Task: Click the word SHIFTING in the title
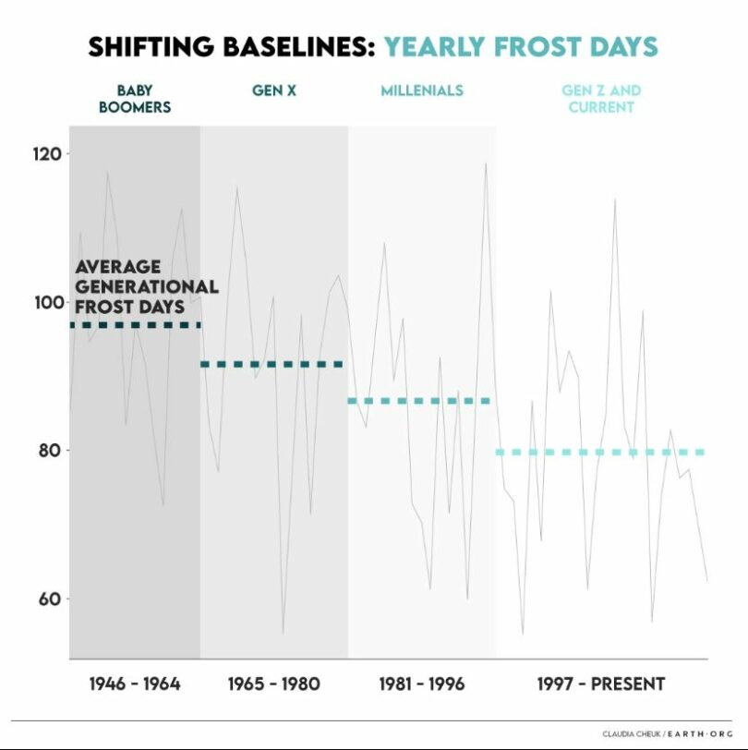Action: tap(156, 47)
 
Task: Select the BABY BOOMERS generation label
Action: tap(135, 99)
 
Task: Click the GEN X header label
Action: tap(274, 91)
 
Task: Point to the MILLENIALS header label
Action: tap(422, 91)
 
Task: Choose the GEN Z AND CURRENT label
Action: tap(601, 99)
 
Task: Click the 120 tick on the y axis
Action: tap(48, 154)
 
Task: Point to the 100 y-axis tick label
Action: tap(48, 303)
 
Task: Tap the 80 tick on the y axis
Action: tap(50, 451)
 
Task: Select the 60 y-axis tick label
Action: tap(50, 599)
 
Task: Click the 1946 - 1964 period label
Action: tap(135, 684)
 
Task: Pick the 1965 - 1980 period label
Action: tap(274, 684)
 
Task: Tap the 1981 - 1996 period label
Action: tap(422, 684)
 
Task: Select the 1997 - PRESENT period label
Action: tap(601, 684)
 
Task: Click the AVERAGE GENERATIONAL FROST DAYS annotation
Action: tap(146, 285)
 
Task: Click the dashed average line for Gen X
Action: tap(272, 364)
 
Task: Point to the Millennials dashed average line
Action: tap(420, 400)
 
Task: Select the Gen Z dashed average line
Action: tap(601, 452)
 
